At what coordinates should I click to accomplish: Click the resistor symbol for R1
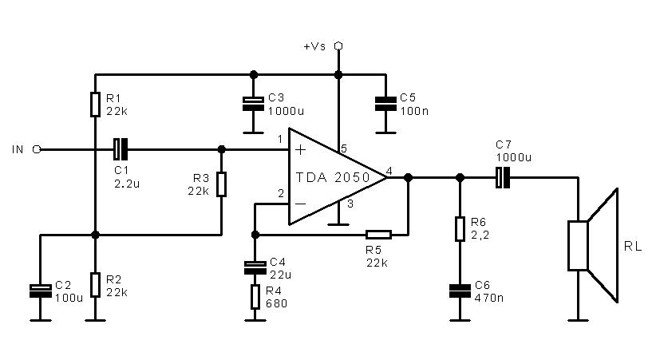coord(96,105)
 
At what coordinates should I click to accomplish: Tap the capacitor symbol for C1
coord(121,149)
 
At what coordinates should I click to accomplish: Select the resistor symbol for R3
coord(222,184)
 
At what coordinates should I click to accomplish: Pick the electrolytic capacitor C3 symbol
coord(254,104)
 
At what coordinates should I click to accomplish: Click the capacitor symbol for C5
coord(385,104)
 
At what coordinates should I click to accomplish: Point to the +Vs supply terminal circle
coord(338,45)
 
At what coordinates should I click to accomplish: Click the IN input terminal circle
coord(37,149)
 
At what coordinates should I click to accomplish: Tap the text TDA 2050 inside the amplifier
coord(333,177)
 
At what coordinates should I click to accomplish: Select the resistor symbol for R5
coord(378,235)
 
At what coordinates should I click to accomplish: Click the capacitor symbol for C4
coord(255,267)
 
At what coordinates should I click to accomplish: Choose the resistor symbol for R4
coord(255,297)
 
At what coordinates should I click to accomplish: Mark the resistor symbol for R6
coord(460,229)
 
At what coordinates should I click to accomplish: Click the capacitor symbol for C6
coord(460,291)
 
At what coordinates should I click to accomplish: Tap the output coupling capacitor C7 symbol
coord(503,177)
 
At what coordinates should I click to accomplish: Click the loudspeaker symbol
coord(593,246)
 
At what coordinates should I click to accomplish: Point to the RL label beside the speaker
coord(633,247)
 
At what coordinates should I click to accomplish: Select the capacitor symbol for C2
coord(41,291)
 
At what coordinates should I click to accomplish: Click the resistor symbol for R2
coord(96,285)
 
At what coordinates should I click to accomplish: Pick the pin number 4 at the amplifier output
coord(389,171)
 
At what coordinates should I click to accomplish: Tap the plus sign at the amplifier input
coord(301,149)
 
